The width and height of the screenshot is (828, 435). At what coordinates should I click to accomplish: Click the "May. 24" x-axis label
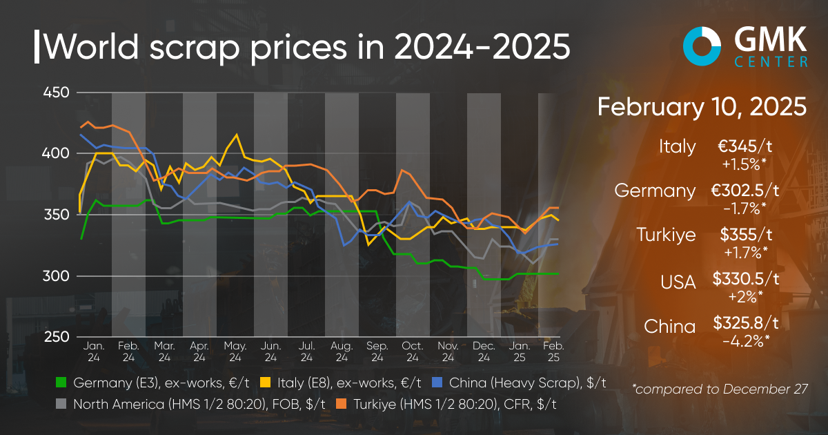click(235, 351)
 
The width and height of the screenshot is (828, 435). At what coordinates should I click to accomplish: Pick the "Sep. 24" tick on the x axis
click(377, 351)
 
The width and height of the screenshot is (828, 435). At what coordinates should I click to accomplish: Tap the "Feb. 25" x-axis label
click(554, 351)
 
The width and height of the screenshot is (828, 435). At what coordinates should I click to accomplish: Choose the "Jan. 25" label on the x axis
click(520, 351)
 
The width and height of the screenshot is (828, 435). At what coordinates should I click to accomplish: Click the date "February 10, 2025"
click(702, 107)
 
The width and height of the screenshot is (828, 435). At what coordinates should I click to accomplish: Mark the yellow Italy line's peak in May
click(237, 135)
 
